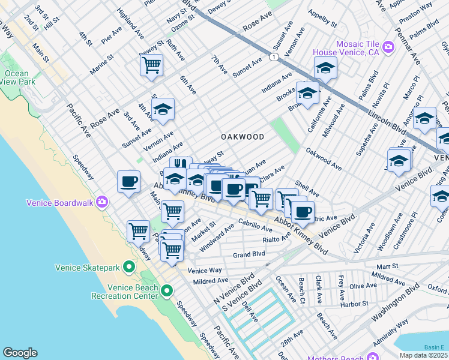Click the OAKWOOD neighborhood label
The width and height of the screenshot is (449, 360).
tap(243, 137)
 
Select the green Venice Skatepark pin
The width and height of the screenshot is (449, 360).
tap(128, 266)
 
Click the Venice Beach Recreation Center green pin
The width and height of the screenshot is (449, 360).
tap(166, 292)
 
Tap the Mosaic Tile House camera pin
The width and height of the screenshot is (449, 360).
tap(388, 46)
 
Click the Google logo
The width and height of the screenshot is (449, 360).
tap(20, 353)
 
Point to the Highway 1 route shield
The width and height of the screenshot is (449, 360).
tap(274, 57)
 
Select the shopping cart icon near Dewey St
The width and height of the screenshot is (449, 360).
tap(152, 64)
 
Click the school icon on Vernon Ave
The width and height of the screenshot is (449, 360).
tap(162, 109)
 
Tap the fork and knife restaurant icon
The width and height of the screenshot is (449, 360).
tap(181, 164)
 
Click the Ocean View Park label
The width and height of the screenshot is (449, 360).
tap(17, 78)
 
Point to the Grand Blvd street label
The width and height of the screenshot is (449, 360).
tap(249, 254)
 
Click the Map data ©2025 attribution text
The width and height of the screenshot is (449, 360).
tap(424, 355)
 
